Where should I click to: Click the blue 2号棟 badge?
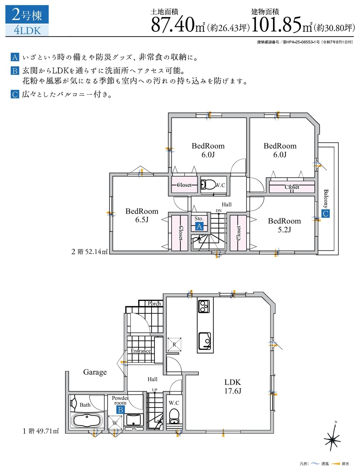pos(27,15)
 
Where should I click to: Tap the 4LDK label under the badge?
pos(27,30)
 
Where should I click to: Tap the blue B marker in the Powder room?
pos(120,410)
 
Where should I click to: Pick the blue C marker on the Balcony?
pos(325,214)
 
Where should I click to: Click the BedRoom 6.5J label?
pos(142,215)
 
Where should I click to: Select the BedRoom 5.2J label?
pos(284,225)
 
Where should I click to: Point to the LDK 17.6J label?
pos(233,386)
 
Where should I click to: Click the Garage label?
pos(95,372)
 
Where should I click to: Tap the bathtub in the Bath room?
pos(87,421)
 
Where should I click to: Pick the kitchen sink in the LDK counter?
pos(205,341)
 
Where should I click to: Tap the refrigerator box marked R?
pos(174,344)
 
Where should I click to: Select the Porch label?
pos(154,303)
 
